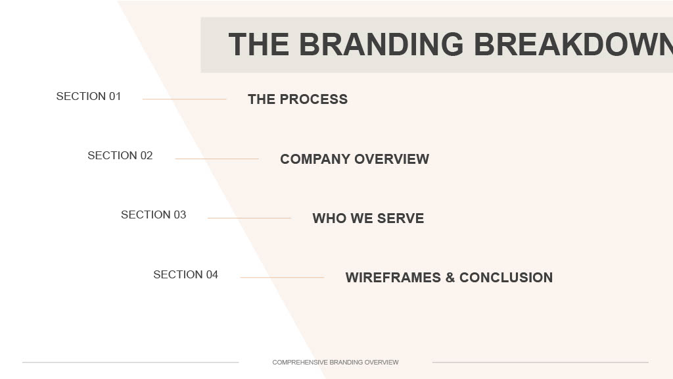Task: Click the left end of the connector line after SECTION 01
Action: coord(143,99)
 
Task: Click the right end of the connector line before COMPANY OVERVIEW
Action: coord(259,159)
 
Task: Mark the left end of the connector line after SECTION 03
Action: coord(208,218)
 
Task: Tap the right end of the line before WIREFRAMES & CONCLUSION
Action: coord(324,278)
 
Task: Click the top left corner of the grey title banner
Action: coord(201,18)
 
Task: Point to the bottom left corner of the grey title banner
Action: coord(201,72)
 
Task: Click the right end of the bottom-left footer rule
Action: coord(239,363)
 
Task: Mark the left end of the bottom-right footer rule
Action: coord(432,363)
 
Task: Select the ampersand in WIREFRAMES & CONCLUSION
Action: coord(450,278)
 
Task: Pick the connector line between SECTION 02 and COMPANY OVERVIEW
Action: coord(217,159)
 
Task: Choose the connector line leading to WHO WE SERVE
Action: coord(249,218)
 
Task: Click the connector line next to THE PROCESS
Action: coord(184,99)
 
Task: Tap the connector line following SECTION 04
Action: coord(282,278)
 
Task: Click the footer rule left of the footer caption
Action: coord(131,363)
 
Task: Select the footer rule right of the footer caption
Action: coord(540,363)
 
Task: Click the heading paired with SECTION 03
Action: coord(368,218)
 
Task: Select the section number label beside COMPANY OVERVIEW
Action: coord(120,155)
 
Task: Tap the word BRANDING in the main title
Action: coord(382,44)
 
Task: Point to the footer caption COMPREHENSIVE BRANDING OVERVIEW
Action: coord(335,363)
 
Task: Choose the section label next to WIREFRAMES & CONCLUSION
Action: coord(186,274)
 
